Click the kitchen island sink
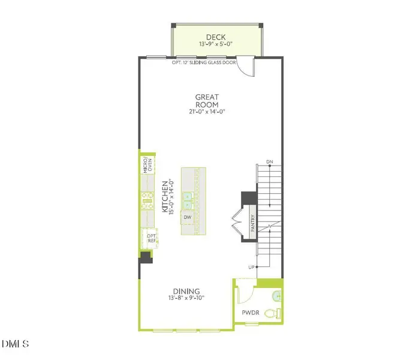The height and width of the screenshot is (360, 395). pos(188,197)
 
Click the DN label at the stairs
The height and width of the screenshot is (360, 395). pos(270,163)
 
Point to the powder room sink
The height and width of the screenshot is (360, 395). pos(275,295)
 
